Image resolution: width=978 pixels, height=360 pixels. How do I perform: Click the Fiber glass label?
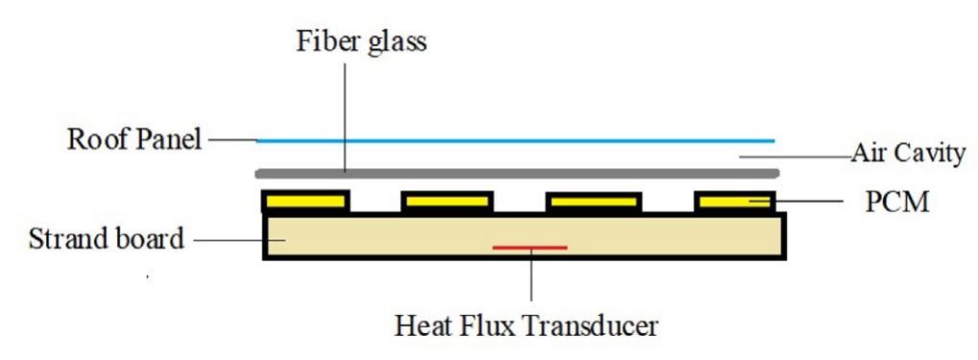(x=362, y=41)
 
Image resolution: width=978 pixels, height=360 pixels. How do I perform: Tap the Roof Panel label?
(x=134, y=140)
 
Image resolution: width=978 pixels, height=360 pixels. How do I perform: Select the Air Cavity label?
(x=907, y=152)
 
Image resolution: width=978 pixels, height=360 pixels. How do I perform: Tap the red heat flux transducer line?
(x=530, y=248)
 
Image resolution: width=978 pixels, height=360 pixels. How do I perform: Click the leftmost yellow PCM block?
(x=305, y=202)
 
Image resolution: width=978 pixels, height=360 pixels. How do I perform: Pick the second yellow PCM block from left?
(x=447, y=202)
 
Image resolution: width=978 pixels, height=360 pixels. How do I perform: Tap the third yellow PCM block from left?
(x=592, y=202)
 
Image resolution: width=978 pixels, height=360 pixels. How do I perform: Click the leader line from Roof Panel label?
(x=231, y=140)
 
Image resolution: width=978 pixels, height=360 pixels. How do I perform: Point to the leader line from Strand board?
(x=227, y=238)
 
